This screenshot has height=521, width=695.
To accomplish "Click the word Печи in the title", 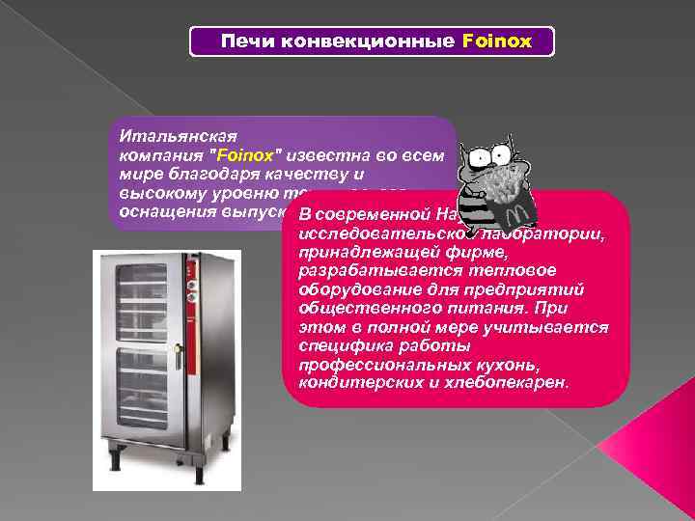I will tap(241, 42).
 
